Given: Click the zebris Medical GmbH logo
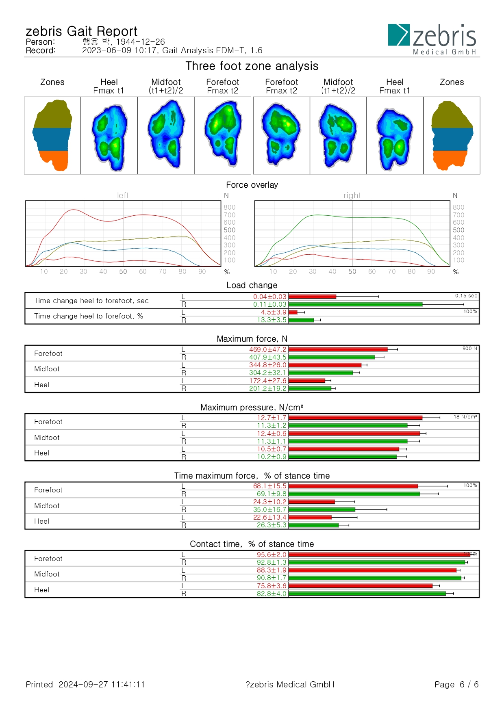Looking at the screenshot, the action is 432,39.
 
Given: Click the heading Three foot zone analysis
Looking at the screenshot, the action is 252,66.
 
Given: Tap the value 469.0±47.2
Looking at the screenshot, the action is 268,349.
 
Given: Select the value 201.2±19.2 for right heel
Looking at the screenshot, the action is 268,388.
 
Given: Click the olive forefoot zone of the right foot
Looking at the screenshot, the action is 452,115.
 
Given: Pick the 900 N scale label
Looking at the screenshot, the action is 470,349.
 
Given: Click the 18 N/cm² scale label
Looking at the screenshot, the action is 465,417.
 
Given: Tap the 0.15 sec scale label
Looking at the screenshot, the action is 466,296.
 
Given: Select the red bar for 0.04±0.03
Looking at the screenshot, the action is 312,297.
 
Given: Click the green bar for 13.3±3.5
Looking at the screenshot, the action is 301,320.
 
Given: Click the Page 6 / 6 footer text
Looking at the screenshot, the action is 456,685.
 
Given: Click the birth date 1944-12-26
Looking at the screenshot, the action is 141,42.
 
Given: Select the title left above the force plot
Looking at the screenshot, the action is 123,195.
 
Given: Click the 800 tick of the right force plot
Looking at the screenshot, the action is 458,207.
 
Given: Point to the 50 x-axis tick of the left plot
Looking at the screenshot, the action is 123,271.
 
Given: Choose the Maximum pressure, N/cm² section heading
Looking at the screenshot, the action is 252,407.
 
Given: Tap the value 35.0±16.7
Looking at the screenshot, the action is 269,509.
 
